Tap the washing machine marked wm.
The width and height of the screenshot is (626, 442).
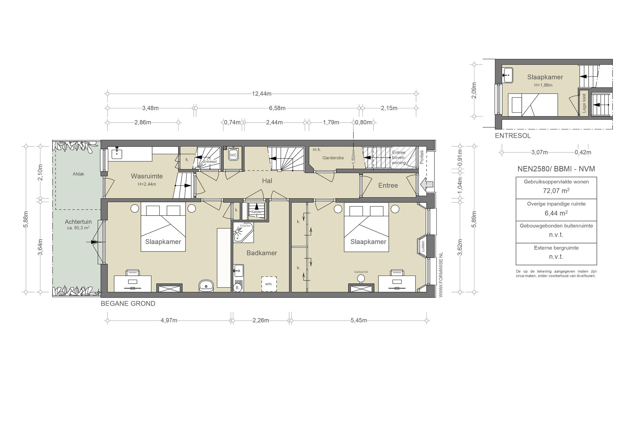[269, 284]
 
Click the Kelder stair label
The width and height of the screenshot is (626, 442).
[256, 212]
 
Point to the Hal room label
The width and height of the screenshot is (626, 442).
[267, 181]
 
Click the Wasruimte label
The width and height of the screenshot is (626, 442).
[147, 176]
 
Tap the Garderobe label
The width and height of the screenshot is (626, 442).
[333, 158]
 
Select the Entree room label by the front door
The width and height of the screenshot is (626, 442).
[388, 185]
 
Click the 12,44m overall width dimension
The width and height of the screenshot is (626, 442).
[262, 94]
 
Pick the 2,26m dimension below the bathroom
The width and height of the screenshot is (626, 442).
[261, 320]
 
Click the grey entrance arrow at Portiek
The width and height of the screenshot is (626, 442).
[427, 184]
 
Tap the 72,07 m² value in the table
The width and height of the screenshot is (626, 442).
[556, 191]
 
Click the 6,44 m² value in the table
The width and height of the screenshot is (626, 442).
[556, 213]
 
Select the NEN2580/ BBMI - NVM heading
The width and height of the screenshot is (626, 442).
[556, 169]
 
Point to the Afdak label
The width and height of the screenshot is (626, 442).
[78, 174]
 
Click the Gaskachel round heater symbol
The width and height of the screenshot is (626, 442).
[361, 278]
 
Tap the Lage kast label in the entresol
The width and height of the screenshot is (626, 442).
[584, 103]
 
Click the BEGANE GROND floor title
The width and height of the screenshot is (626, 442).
[128, 304]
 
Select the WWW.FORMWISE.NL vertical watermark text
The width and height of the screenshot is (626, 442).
[441, 275]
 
